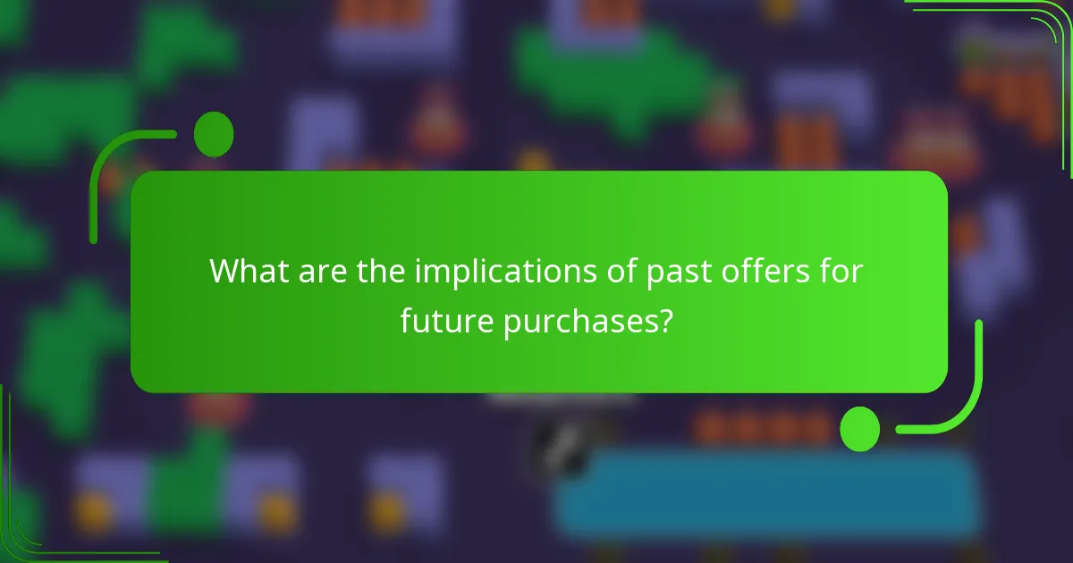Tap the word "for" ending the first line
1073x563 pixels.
coord(842,271)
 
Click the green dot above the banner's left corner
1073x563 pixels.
coord(214,135)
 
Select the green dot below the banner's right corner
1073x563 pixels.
coord(859,428)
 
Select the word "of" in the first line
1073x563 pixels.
coord(613,271)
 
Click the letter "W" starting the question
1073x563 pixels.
coord(221,271)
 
